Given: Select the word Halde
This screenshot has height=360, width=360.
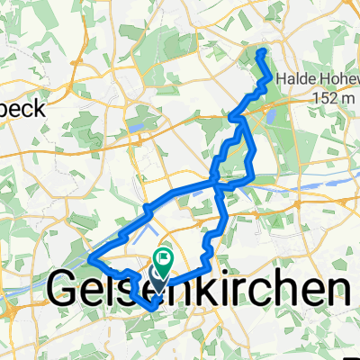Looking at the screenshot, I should click(294, 79).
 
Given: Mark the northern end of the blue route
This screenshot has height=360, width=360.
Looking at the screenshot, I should click(262, 53).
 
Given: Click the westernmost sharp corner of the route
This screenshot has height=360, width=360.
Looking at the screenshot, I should click(90, 261).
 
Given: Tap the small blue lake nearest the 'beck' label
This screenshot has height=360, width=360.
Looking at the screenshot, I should click(139, 128).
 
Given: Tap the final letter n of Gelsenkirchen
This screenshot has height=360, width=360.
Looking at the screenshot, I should click(334, 290).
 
